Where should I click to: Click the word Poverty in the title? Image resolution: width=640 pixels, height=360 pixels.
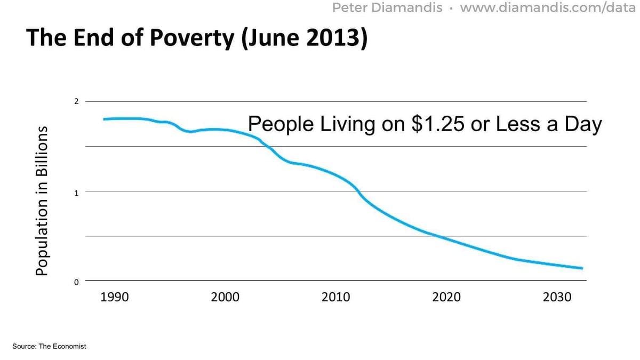[188, 38]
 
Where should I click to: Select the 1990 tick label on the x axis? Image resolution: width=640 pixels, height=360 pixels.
[115, 297]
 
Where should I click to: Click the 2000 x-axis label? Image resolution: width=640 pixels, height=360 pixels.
[225, 297]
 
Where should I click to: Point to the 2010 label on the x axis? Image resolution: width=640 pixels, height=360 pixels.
[335, 297]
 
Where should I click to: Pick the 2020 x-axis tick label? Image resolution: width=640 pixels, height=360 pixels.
[446, 297]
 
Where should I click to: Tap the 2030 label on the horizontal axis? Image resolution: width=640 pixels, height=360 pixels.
[557, 297]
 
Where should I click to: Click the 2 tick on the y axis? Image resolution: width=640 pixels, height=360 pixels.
[76, 101]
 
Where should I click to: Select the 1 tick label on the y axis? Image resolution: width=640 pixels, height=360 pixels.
[76, 193]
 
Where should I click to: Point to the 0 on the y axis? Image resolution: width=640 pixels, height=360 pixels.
[76, 282]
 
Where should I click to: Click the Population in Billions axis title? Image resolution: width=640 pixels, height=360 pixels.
[42, 201]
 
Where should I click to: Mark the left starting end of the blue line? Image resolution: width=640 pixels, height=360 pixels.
[105, 119]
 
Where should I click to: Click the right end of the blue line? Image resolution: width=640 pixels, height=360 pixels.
[582, 268]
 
